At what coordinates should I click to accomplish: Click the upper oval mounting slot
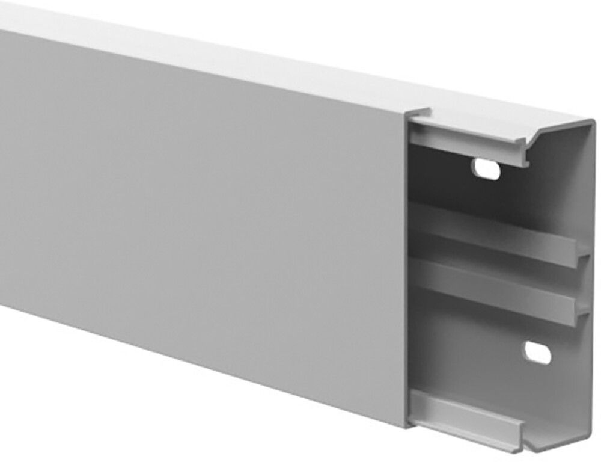[486, 169]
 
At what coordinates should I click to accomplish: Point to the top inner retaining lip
[469, 141]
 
